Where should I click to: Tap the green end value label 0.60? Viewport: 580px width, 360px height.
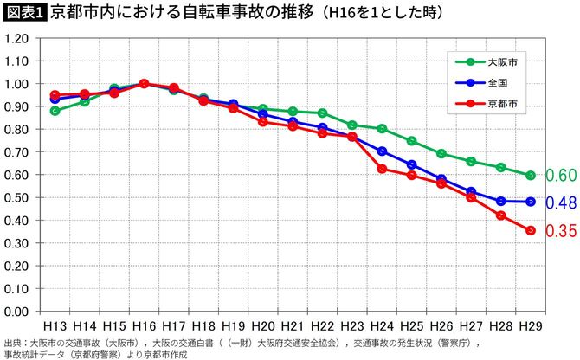[x=562, y=176]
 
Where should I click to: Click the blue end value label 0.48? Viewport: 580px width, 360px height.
[x=562, y=203]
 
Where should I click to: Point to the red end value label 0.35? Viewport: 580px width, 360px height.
[x=562, y=232]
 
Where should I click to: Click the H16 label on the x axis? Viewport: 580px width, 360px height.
[x=143, y=326]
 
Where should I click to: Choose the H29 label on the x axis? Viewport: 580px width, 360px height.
[x=531, y=326]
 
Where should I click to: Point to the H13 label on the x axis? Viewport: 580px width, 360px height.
[x=55, y=326]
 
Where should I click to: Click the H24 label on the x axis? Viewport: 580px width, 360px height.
[x=382, y=326]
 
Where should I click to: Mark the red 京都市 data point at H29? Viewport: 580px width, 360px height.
[x=531, y=230]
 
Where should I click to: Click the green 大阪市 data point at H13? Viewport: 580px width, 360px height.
[x=55, y=111]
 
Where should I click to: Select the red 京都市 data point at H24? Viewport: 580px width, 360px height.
[x=382, y=169]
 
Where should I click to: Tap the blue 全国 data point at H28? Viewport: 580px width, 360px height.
[x=501, y=201]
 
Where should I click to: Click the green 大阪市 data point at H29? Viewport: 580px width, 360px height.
[x=531, y=175]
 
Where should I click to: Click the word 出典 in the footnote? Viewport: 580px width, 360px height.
[x=13, y=343]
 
